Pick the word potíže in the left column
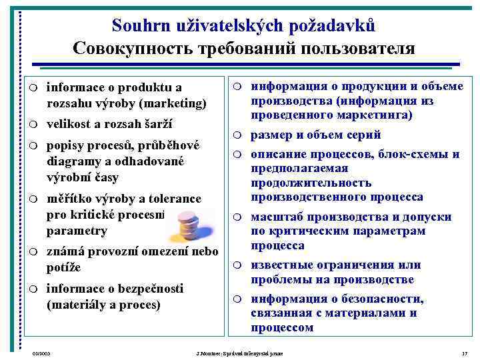[x=64, y=268]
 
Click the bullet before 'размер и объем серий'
[x=237, y=135]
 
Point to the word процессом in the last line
[x=282, y=327]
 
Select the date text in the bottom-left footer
[x=41, y=352]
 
